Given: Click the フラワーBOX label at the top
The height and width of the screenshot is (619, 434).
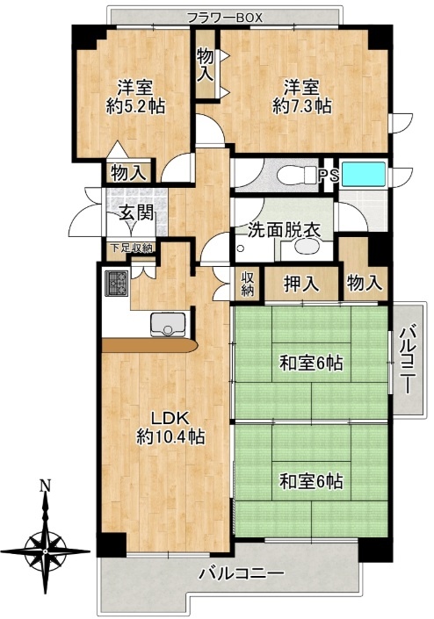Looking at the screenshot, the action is click(x=224, y=18).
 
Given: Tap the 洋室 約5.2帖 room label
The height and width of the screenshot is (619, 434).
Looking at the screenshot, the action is click(x=135, y=97).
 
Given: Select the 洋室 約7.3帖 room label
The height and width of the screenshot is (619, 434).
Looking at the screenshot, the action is click(x=301, y=97).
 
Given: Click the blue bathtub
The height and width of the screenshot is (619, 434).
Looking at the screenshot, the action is click(x=364, y=174).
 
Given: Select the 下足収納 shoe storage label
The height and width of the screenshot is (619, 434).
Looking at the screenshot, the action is click(x=131, y=248).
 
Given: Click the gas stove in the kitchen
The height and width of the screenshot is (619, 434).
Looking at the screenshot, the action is click(x=117, y=283).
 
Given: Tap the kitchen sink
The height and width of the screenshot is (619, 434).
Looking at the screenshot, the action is click(x=168, y=324).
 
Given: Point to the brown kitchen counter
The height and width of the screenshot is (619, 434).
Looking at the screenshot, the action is click(x=149, y=346).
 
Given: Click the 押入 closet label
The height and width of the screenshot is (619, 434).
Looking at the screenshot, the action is click(x=301, y=284).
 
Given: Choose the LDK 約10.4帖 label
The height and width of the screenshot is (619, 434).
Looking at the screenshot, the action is click(x=170, y=428).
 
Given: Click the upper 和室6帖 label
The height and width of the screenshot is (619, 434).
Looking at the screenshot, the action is click(x=311, y=363).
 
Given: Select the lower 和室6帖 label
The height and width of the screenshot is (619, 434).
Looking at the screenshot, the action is click(x=311, y=481).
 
